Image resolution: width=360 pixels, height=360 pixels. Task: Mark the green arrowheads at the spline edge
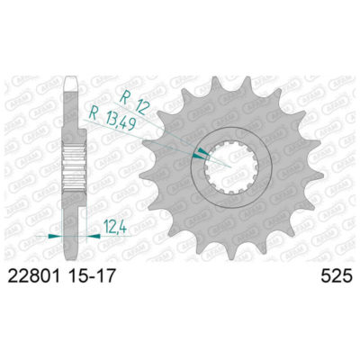point(210,154)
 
